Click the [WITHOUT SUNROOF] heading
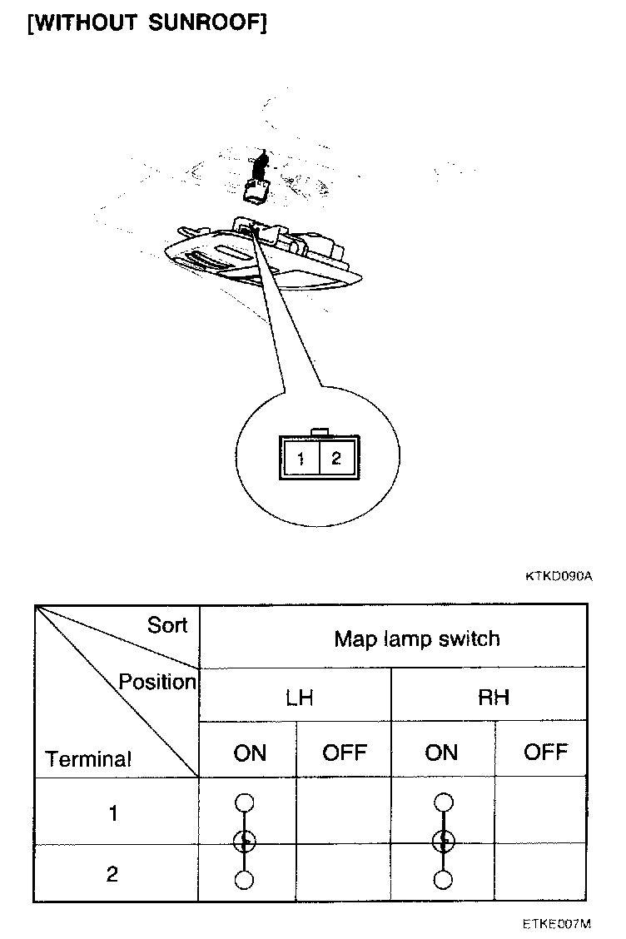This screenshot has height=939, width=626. (x=147, y=22)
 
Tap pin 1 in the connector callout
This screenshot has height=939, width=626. (x=301, y=458)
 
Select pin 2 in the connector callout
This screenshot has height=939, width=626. (x=336, y=457)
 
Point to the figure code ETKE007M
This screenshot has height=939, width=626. (x=557, y=923)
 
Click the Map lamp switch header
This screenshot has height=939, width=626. (x=417, y=638)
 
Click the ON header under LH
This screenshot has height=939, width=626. (x=250, y=753)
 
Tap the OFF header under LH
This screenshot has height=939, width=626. (x=344, y=753)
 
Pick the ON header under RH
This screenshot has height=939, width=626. (x=441, y=753)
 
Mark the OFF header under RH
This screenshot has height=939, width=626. (x=545, y=752)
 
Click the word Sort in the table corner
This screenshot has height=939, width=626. (x=167, y=625)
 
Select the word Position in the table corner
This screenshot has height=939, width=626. (x=156, y=682)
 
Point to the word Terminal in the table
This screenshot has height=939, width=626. (x=89, y=759)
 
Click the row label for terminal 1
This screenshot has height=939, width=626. (x=113, y=813)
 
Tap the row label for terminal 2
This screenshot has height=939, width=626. (x=112, y=874)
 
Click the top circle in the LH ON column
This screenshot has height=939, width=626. (x=244, y=802)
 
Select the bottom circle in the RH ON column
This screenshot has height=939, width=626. (x=444, y=880)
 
